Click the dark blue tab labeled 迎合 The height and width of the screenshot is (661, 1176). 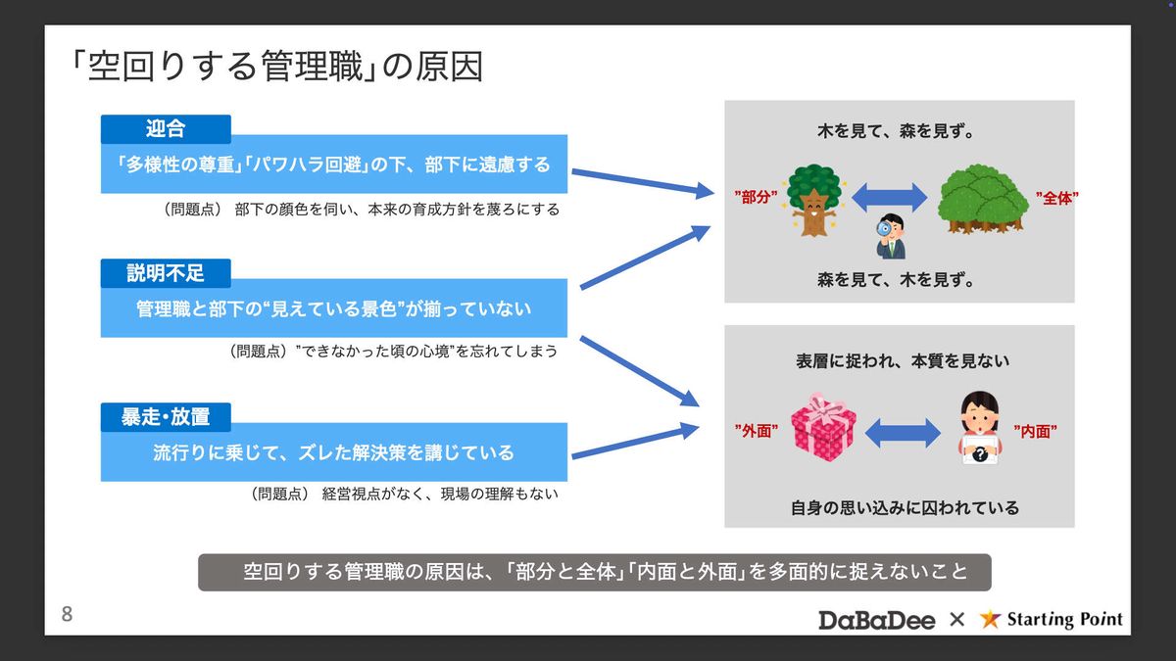coord(166,129)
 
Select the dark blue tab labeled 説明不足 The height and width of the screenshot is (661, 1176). coord(166,273)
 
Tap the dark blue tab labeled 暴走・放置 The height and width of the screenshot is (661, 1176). coord(166,417)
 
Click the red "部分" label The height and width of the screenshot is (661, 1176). coord(756,197)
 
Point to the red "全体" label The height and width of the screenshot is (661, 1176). coord(1056,198)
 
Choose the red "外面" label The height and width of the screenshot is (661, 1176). coord(756,431)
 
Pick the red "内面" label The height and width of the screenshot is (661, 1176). coord(1035,432)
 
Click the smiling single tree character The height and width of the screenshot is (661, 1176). coord(813,200)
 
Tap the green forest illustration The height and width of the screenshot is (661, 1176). coord(983,200)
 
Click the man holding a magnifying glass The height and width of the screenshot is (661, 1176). coord(891,236)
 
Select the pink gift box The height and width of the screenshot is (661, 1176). coord(823,428)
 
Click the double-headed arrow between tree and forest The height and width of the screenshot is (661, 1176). coord(890,198)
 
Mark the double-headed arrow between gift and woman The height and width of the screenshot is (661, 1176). coord(903,433)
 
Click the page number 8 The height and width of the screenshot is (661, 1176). coord(67,614)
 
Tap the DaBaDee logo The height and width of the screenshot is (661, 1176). coord(876,620)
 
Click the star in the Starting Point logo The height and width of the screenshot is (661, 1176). coord(990,619)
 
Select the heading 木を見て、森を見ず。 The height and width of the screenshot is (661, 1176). coord(896,131)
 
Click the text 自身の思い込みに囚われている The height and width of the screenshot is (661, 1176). coord(905,508)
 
